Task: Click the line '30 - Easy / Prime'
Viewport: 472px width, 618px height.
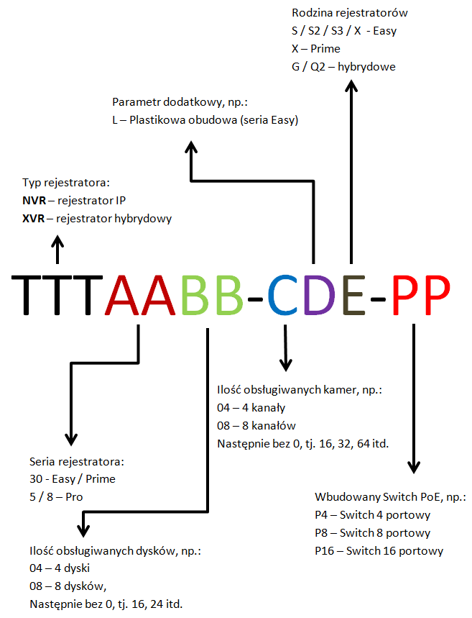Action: point(73,478)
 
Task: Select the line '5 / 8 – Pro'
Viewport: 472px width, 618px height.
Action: point(57,496)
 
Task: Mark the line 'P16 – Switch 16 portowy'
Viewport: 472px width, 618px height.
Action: point(379,551)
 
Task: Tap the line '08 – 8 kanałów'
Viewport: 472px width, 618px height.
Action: point(256,426)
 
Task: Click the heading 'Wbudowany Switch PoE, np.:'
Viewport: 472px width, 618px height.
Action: point(390,498)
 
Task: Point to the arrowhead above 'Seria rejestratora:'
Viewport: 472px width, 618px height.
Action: point(70,438)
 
